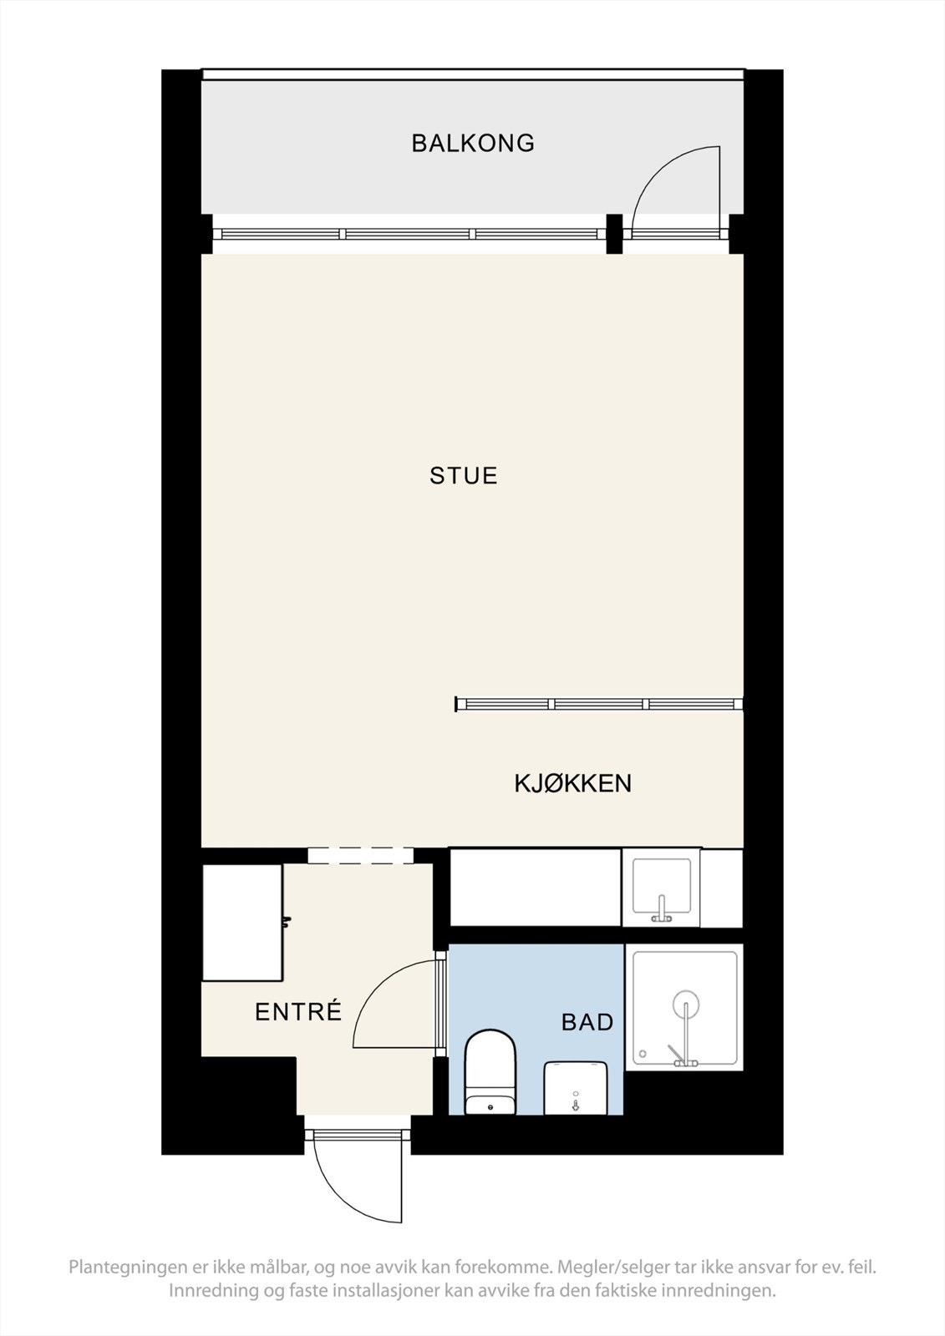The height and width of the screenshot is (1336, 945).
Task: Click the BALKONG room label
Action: click(x=473, y=143)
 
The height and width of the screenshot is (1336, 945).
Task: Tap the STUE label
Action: click(x=463, y=476)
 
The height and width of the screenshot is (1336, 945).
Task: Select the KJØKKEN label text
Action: click(x=572, y=783)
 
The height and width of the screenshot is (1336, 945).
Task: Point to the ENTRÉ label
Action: click(x=298, y=1012)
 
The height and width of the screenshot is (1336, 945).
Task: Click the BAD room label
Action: click(x=587, y=1022)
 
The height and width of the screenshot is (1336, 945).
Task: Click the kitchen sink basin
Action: click(x=662, y=886)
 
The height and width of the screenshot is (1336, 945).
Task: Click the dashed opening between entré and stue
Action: click(x=360, y=855)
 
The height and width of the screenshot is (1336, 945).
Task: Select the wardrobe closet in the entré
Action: click(x=242, y=922)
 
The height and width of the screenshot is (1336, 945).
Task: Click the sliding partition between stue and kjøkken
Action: click(x=599, y=704)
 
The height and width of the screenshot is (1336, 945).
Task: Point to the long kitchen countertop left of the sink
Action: click(x=535, y=887)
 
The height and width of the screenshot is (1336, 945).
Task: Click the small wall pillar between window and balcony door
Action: click(x=614, y=233)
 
